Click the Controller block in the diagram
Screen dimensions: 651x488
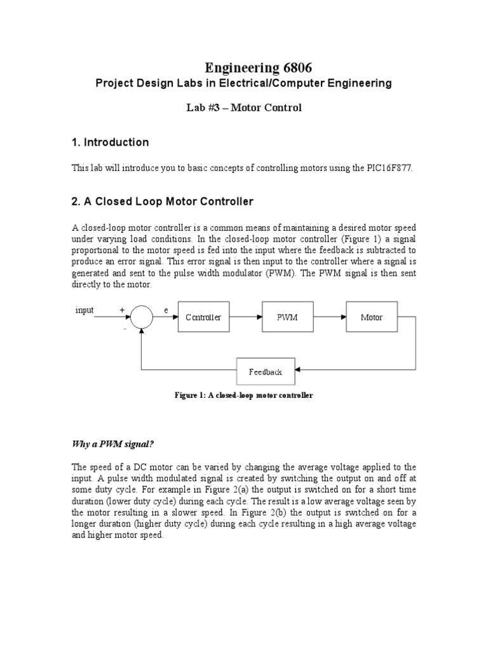(x=203, y=317)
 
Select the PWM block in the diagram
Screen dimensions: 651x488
(x=288, y=317)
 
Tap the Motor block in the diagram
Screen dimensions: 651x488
(x=372, y=317)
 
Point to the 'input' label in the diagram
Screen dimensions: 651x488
(x=85, y=310)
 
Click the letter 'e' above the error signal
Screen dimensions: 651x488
(x=165, y=310)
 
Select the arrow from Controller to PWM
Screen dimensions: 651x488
(x=245, y=317)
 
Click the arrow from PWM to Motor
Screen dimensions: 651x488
(x=330, y=317)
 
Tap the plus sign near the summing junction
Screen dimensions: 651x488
(x=121, y=310)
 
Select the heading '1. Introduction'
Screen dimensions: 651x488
(x=110, y=142)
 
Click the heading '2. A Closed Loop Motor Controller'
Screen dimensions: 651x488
(x=163, y=202)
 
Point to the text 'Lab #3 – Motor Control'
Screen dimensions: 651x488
(x=243, y=107)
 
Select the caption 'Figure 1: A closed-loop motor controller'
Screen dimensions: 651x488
(x=244, y=395)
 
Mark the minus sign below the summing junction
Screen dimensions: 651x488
(x=125, y=329)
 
